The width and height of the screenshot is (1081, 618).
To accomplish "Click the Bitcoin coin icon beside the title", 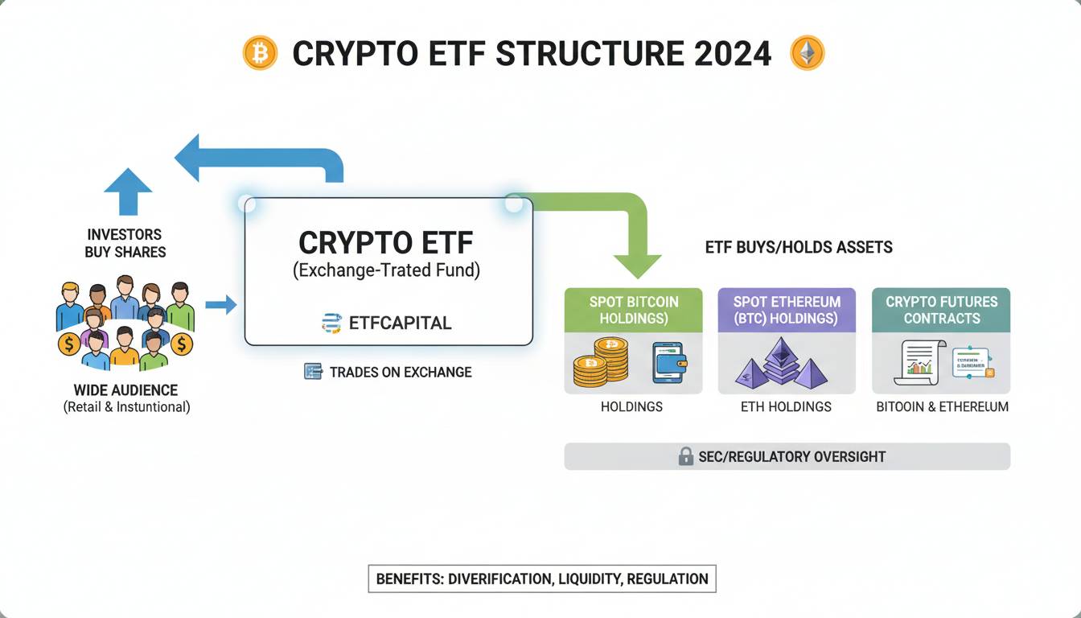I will point(260,54).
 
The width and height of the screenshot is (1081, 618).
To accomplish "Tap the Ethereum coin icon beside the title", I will point(808,54).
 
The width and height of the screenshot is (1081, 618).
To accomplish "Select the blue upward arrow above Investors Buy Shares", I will point(128,192).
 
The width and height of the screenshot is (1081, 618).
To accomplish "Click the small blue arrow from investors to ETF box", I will point(221,304).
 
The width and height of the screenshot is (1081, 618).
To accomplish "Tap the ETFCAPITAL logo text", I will point(400,323).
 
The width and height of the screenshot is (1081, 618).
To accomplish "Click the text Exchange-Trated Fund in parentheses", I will point(387,270).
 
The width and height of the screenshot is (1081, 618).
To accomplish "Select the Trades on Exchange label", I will point(400,372).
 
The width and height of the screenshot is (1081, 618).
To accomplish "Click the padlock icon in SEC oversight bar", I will point(685,456).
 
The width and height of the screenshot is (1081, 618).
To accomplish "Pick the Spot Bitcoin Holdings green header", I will point(633,310).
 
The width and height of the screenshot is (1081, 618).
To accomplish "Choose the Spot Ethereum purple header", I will point(787,310).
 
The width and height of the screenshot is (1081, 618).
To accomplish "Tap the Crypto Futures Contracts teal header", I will point(941,310).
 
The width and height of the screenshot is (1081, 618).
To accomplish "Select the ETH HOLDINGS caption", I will point(786,407).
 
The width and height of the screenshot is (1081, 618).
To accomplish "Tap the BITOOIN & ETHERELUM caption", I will point(942,407).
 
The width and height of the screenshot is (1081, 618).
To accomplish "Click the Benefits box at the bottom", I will point(541,579).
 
